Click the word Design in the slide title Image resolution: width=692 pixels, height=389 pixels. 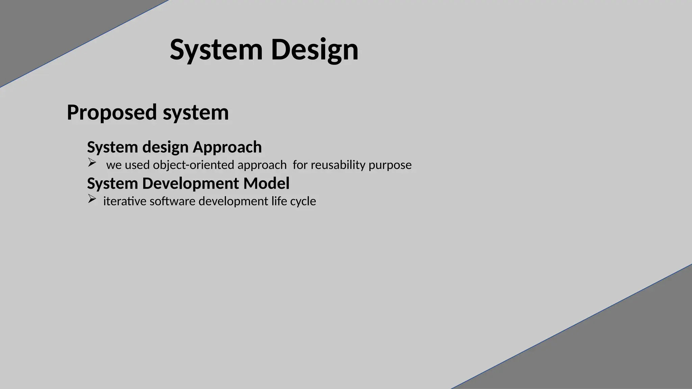coord(314,50)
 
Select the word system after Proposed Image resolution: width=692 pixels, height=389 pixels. coord(196,112)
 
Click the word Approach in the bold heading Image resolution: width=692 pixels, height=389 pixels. coord(227,147)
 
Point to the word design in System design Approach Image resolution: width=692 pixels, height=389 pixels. coord(165,147)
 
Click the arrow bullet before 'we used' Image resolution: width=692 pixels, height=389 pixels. coord(92,162)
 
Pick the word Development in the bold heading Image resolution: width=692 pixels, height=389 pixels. coord(191,184)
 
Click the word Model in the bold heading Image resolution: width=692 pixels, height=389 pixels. coord(266,184)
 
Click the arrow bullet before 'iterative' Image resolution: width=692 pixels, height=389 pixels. coord(92,199)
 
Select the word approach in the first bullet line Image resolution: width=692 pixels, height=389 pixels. coord(262,165)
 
